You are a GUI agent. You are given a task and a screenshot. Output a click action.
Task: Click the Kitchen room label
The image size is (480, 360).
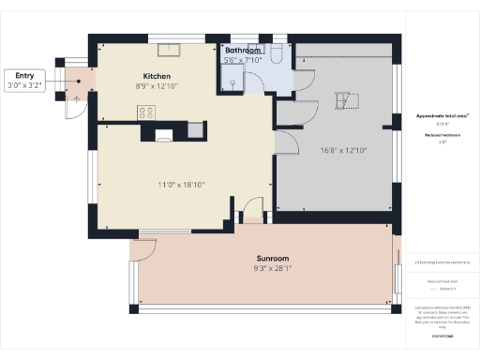pos(156,75)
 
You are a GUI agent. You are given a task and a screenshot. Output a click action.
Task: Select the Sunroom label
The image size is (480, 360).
pos(273,258)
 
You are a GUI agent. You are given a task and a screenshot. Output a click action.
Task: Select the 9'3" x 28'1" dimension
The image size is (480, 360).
pos(273,268)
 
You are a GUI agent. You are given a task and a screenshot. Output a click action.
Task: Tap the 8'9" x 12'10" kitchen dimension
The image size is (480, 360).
pos(156,85)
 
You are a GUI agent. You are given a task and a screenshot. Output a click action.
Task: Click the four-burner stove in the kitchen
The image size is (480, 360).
pos(146,112)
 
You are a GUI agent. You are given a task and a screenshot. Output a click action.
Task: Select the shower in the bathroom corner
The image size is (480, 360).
pos(230,84)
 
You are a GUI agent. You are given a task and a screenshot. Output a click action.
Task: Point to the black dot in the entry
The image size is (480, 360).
pos(80,80)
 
